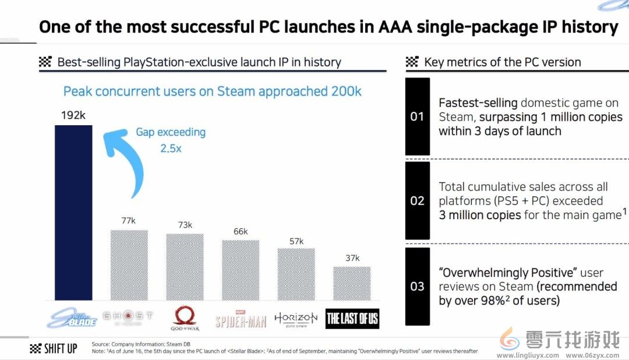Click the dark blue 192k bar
click(x=73, y=213)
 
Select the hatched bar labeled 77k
click(x=129, y=265)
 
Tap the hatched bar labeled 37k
click(x=352, y=284)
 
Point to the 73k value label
click(x=185, y=225)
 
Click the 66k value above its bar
click(x=240, y=231)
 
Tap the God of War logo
click(x=185, y=318)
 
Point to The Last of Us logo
click(x=352, y=318)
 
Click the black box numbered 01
click(x=417, y=117)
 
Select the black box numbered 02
click(x=417, y=201)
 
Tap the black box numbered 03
click(x=417, y=286)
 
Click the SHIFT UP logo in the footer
click(x=53, y=349)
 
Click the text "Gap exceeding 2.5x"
click(x=171, y=140)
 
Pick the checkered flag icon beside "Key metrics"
click(x=412, y=62)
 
